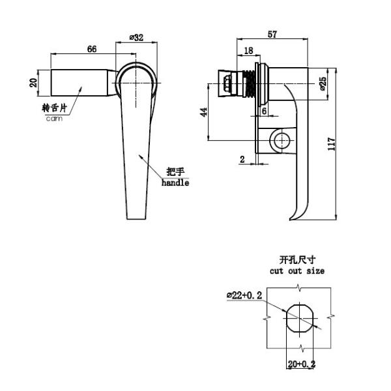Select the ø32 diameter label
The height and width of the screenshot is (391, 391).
pyautogui.click(x=137, y=38)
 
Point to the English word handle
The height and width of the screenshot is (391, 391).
pyautogui.click(x=175, y=183)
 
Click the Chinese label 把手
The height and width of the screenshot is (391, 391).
pyautogui.click(x=175, y=172)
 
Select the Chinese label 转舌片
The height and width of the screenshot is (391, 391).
pyautogui.click(x=55, y=109)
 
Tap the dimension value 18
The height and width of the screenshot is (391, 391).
pyautogui.click(x=248, y=51)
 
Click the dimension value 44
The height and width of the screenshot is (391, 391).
pyautogui.click(x=203, y=111)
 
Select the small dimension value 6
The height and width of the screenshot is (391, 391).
pyautogui.click(x=263, y=111)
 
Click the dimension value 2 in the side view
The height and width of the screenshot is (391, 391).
pyautogui.click(x=242, y=158)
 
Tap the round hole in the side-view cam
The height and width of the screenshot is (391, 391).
pyautogui.click(x=282, y=140)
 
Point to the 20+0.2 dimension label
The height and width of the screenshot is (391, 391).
pyautogui.click(x=301, y=364)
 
